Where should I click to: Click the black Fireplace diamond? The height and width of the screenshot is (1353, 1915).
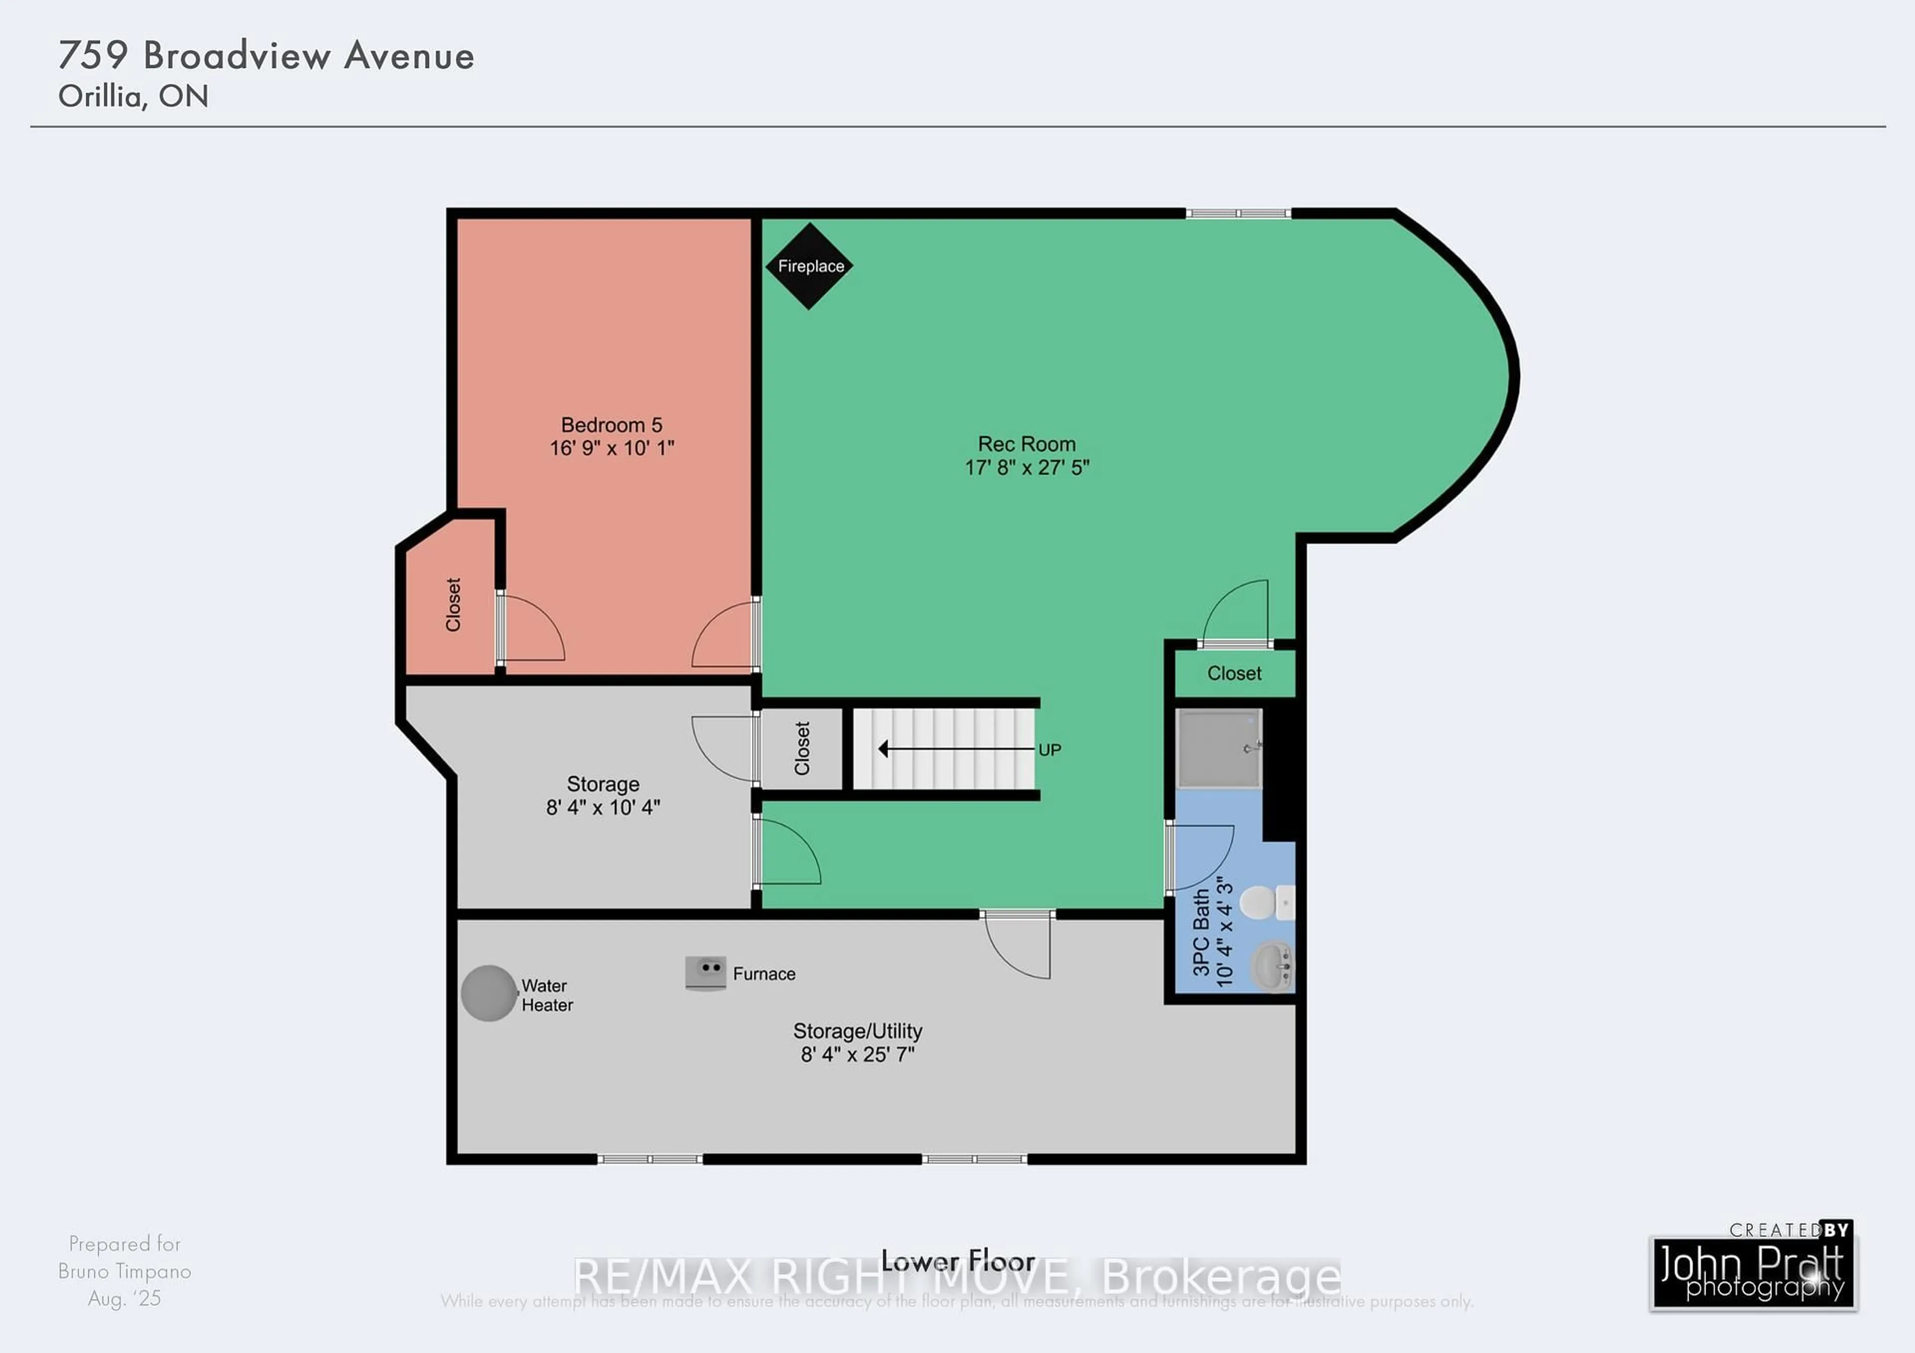click(x=809, y=266)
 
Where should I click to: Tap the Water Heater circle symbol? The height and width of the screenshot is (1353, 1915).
click(x=489, y=993)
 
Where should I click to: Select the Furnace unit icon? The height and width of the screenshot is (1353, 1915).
click(x=705, y=973)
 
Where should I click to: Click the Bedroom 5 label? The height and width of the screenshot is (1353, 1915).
click(x=611, y=425)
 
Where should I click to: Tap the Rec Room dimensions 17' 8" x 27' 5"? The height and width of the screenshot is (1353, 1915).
click(x=1027, y=468)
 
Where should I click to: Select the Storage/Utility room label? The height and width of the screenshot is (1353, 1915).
click(x=857, y=1031)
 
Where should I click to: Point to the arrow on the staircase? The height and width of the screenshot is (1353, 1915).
click(x=955, y=749)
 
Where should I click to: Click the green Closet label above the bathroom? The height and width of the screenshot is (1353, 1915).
click(x=1234, y=674)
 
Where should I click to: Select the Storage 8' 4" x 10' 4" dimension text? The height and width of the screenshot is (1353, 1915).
click(x=603, y=807)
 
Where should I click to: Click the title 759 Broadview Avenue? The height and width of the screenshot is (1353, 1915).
click(x=266, y=56)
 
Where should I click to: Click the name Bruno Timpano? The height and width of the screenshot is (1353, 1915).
click(x=124, y=1271)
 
